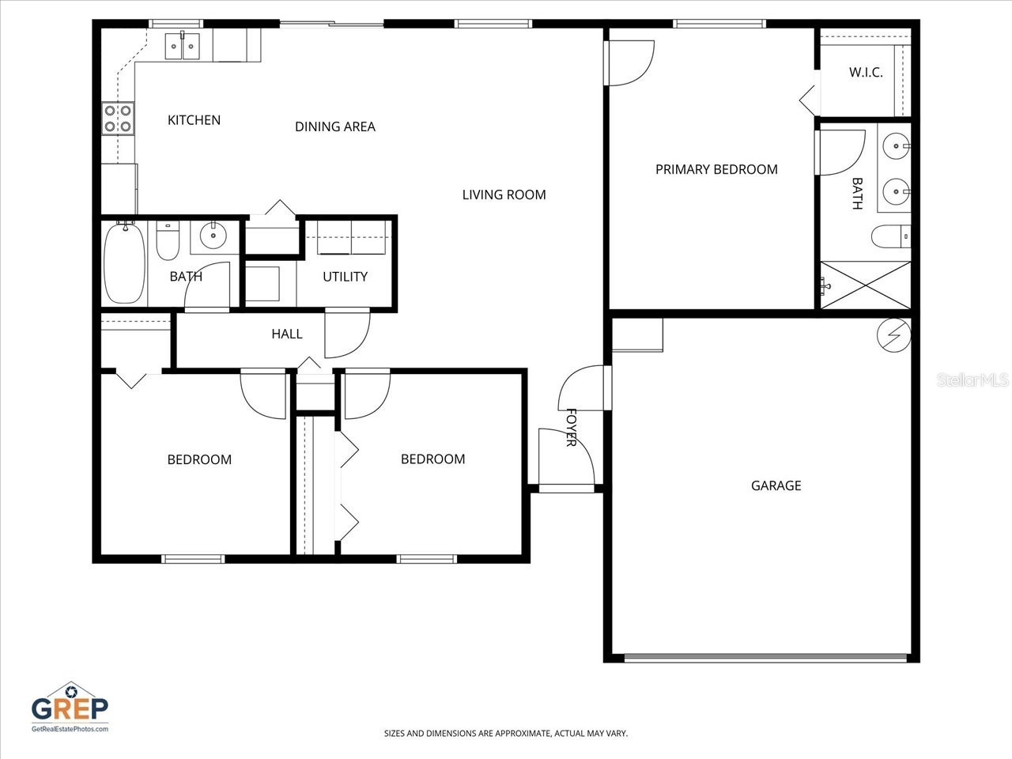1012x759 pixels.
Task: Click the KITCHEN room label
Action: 194,120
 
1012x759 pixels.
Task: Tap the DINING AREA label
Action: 335,126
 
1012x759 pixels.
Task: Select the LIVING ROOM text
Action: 504,194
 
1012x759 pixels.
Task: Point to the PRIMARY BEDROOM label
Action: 716,169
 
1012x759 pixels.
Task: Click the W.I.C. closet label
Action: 866,73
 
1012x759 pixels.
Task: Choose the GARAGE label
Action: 776,485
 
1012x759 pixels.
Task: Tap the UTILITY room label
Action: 345,277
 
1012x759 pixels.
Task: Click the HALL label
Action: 287,334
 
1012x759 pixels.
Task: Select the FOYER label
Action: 571,428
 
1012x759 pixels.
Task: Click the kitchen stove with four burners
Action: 118,119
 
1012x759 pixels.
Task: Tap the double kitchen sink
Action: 183,47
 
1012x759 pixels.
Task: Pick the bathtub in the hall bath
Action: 124,262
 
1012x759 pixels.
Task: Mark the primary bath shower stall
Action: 866,285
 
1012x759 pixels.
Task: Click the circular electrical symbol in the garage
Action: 894,335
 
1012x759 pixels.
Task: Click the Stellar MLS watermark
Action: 972,380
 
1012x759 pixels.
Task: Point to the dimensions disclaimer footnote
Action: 506,734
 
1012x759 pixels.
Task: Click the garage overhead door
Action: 765,657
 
